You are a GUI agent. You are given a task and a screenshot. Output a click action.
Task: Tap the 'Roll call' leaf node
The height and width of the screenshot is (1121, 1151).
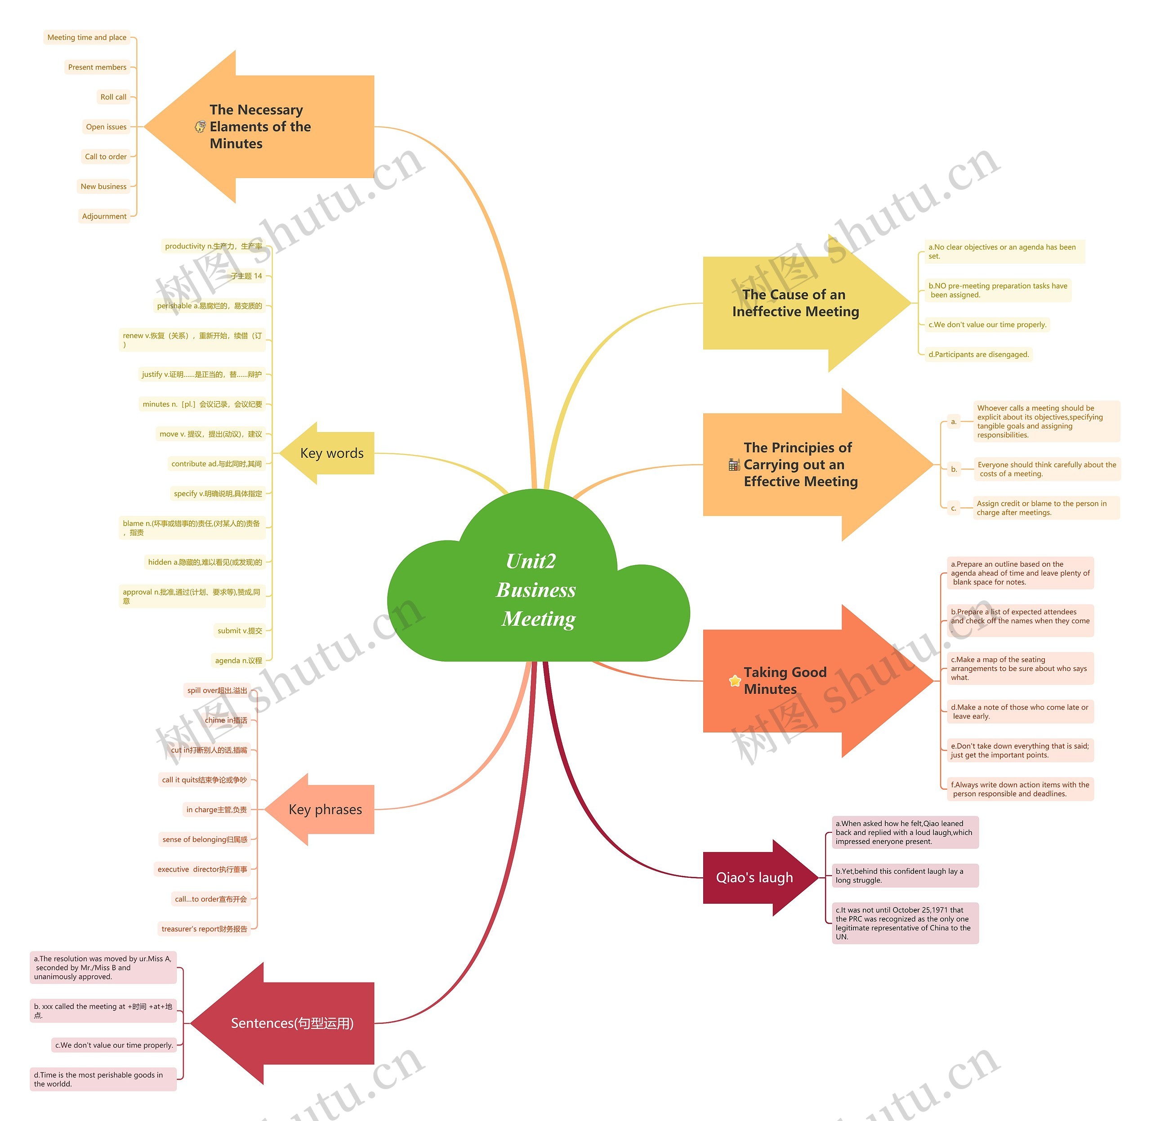113,97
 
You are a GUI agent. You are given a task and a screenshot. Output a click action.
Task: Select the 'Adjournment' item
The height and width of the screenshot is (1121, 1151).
104,216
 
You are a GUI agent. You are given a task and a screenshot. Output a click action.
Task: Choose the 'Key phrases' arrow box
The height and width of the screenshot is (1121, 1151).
325,809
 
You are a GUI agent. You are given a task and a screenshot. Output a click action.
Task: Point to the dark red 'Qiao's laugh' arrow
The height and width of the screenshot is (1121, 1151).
754,877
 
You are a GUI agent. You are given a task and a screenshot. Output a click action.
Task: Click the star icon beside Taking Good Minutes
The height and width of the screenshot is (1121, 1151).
735,681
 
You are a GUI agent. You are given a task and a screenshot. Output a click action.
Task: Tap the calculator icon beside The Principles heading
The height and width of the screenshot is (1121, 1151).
734,464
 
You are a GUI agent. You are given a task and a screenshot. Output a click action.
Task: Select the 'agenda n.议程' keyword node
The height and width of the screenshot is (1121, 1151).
238,661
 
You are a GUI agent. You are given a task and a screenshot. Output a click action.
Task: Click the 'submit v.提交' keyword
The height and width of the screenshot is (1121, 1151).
240,630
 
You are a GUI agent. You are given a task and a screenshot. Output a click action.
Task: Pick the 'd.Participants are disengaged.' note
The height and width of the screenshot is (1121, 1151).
978,354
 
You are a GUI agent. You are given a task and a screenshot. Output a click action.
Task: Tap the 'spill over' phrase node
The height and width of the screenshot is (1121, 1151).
217,691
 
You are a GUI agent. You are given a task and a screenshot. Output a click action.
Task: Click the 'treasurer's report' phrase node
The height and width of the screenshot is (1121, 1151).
204,929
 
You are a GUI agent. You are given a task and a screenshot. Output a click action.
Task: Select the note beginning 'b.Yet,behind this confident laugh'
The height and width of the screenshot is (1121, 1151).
904,875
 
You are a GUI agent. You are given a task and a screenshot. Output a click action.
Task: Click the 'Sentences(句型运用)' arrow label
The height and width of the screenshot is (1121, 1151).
292,1023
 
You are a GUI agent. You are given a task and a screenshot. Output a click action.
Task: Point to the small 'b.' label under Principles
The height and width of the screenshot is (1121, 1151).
954,469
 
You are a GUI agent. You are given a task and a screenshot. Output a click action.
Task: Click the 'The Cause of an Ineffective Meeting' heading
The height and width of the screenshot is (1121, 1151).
795,303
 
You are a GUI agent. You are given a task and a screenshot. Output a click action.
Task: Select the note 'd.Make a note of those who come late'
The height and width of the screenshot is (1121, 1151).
1020,712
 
